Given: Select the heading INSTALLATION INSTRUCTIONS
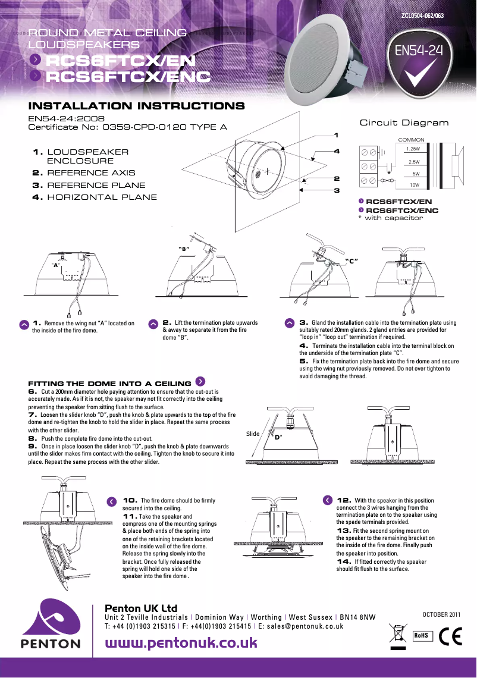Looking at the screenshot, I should pos(137,106).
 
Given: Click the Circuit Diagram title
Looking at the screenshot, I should pos(404,123).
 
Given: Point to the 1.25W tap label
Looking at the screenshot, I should pos(413,149).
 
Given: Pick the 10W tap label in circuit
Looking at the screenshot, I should pos(415,185).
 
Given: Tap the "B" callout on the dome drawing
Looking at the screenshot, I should pos(184,248).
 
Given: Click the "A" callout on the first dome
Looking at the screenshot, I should pos(56,265).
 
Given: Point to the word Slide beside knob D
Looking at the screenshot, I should pos(253,434).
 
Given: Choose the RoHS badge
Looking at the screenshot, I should pos(421,635).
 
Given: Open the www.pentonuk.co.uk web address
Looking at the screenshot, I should pos(181,643).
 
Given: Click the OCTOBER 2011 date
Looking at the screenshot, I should pos(441,614).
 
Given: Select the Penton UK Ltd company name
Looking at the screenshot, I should pos(141,608).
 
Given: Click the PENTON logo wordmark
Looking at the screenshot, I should pos(51,644).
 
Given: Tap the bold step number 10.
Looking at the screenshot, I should pos(130,500).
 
